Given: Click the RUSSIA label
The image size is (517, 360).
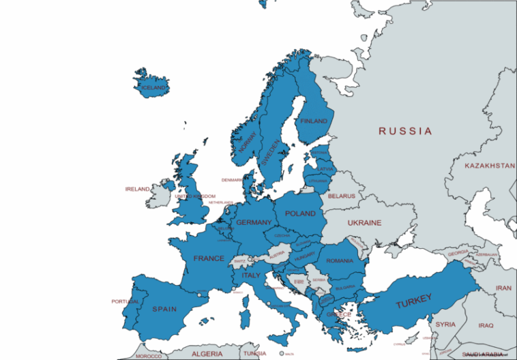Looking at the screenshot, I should click(406, 131).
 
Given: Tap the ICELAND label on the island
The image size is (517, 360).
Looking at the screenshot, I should click(152, 88).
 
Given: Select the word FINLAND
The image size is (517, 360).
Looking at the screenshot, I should click(314, 121).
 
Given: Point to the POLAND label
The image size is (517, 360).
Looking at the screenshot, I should click(300, 213).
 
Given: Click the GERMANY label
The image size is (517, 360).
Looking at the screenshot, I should click(254, 223).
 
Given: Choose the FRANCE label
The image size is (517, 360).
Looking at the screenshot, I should click(209, 258).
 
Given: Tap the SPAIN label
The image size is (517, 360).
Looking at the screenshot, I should click(164, 309).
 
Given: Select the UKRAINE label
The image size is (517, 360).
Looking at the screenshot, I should click(364, 223).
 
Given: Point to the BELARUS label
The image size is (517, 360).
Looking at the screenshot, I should click(341, 196).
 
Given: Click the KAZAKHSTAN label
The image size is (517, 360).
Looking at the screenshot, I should click(489, 166).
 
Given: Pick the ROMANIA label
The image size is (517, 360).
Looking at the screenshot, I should click(340, 260).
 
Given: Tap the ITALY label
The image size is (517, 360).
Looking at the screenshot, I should click(252, 275).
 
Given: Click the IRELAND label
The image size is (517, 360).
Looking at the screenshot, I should click(136, 189).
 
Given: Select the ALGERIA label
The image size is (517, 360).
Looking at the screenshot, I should click(207, 354).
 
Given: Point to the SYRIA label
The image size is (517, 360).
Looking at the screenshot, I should click(445, 325).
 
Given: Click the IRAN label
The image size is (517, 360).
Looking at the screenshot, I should click(503, 288).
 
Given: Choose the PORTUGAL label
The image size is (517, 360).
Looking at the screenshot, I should click(125, 301).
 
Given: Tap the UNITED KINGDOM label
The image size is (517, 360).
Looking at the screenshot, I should click(195, 196).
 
